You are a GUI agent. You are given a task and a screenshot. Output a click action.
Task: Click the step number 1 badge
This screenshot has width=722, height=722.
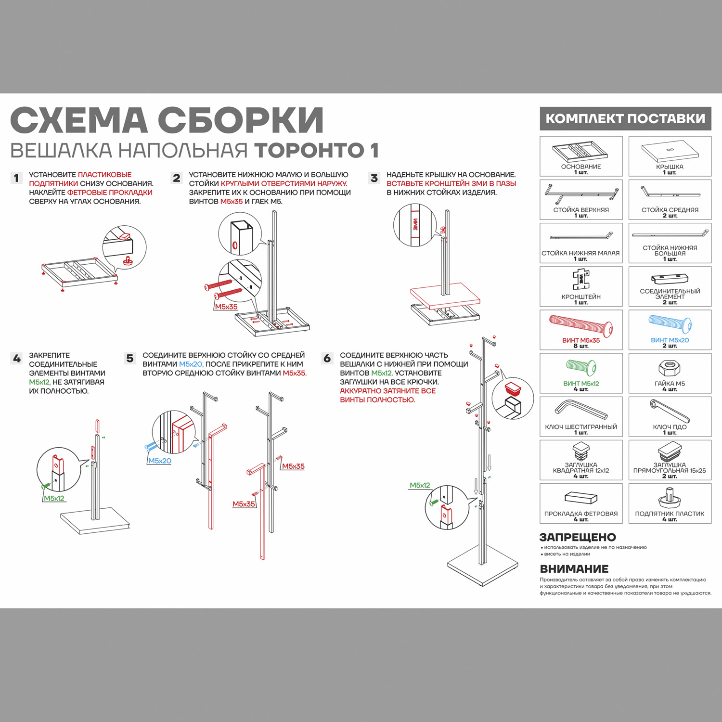[16, 178]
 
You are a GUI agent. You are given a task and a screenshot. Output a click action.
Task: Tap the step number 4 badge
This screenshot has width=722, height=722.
[16, 359]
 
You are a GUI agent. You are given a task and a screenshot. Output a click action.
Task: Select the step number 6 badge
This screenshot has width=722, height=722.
[327, 359]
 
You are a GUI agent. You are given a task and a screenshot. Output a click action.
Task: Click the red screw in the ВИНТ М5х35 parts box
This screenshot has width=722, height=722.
[581, 325]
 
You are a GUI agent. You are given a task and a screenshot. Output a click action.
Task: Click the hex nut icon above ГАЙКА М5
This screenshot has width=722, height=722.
[669, 369]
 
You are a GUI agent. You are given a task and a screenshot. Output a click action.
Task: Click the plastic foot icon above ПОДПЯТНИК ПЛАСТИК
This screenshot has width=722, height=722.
[669, 498]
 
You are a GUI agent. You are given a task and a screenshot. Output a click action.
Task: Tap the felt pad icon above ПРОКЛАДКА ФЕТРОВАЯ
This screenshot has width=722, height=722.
[581, 498]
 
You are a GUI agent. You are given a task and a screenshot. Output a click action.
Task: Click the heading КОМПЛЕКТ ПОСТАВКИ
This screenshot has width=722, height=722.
[625, 118]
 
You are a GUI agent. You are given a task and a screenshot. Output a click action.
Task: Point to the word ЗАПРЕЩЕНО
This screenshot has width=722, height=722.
[578, 537]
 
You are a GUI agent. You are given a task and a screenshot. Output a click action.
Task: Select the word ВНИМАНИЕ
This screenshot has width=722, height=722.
[574, 569]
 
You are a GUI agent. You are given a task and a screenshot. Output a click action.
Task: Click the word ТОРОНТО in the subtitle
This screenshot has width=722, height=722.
[309, 150]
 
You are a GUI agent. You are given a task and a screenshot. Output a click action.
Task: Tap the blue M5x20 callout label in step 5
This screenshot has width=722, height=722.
[160, 461]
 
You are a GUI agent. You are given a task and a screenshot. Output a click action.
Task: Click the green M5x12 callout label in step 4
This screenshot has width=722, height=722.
[54, 498]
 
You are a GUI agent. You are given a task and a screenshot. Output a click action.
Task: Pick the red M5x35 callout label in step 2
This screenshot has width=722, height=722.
[226, 307]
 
